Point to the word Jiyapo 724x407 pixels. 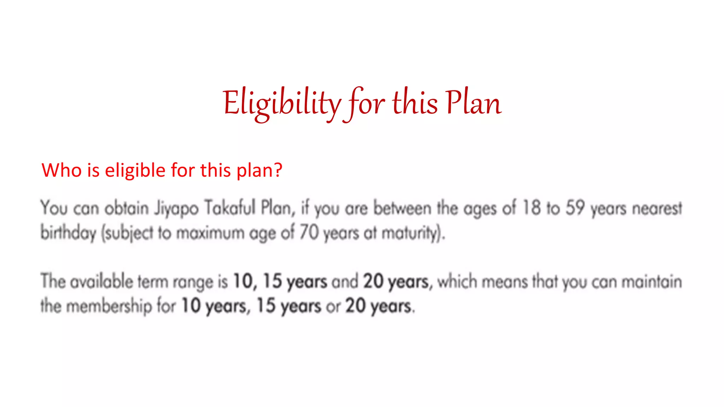coord(176,208)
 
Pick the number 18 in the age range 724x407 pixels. coord(531,208)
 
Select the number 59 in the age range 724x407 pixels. coord(575,208)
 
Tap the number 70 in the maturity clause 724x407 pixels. coord(309,233)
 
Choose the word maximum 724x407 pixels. coord(210,234)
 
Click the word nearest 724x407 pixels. coord(657,208)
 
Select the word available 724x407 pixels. coord(101,282)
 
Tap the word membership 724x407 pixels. coord(109,306)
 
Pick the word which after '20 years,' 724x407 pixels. coord(457,282)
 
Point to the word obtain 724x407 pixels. coord(126,208)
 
